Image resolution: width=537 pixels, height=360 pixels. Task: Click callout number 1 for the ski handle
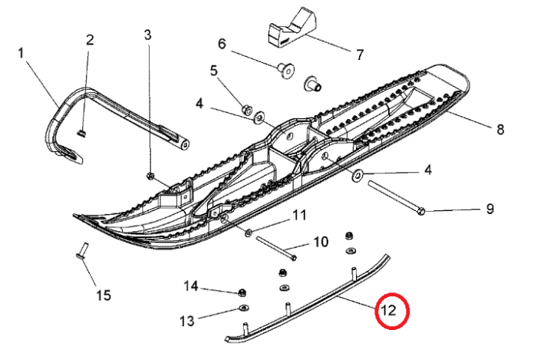tap(21, 53)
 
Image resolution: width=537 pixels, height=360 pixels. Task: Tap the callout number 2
tap(90, 40)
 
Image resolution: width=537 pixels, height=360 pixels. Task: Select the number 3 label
tap(148, 34)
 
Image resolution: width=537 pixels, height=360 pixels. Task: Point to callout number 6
tap(222, 44)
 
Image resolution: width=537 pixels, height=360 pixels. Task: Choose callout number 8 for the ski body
tap(500, 128)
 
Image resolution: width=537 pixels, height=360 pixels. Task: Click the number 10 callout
tap(320, 242)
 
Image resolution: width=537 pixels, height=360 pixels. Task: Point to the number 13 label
tap(187, 320)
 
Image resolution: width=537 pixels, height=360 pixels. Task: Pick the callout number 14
tap(191, 286)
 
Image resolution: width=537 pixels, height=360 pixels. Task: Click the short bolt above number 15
tap(82, 251)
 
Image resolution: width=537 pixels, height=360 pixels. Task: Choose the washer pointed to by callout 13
tap(242, 309)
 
